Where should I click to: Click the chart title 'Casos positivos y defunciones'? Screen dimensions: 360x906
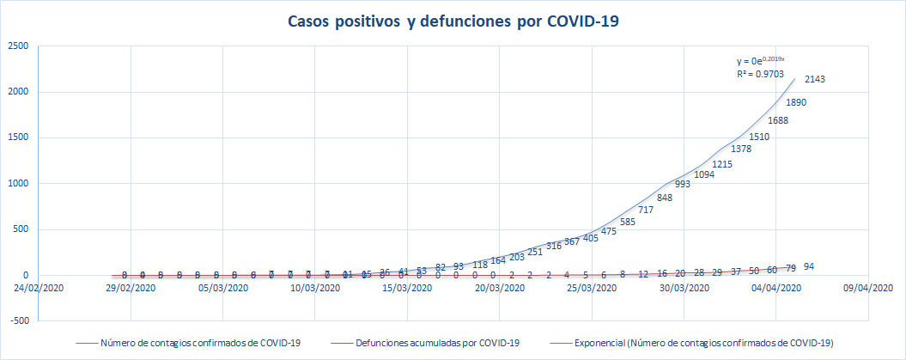coord(453,22)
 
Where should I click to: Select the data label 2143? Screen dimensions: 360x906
coord(815,80)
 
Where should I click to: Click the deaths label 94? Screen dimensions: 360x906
coord(809,267)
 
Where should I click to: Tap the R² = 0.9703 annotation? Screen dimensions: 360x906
coord(756,75)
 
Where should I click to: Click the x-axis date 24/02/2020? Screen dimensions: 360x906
coord(39,289)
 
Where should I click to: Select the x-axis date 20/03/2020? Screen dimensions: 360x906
coord(501,289)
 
